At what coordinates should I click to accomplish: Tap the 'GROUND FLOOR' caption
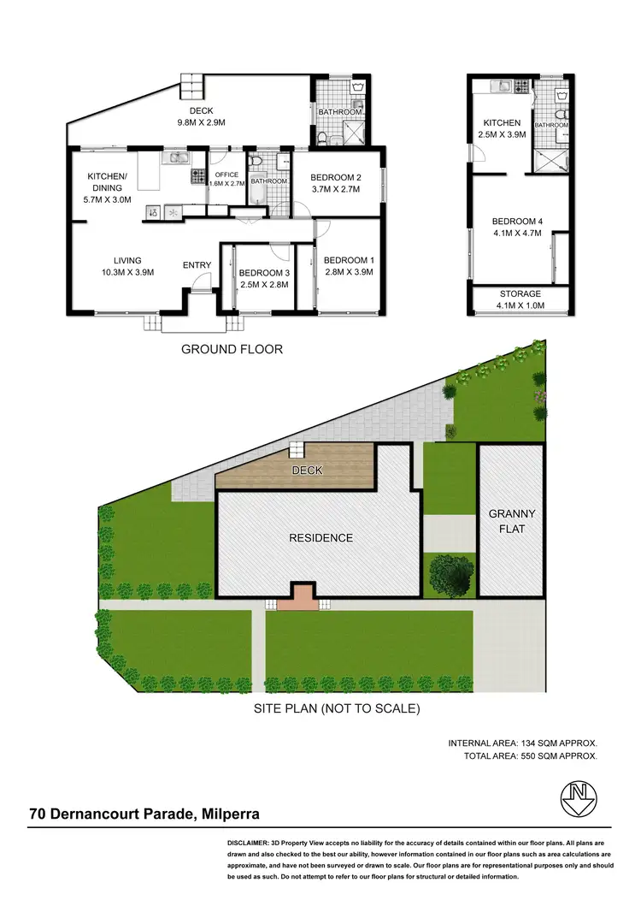click(x=232, y=349)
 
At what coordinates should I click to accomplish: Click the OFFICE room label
click(x=226, y=175)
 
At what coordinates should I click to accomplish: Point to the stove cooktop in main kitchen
click(x=198, y=177)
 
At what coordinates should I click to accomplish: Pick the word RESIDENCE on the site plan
click(x=320, y=538)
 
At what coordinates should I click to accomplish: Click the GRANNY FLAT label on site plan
click(x=512, y=521)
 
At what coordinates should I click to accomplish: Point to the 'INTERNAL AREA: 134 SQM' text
click(x=522, y=743)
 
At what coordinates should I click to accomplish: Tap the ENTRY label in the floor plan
click(x=197, y=265)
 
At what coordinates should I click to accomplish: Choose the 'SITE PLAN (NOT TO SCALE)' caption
click(x=336, y=708)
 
